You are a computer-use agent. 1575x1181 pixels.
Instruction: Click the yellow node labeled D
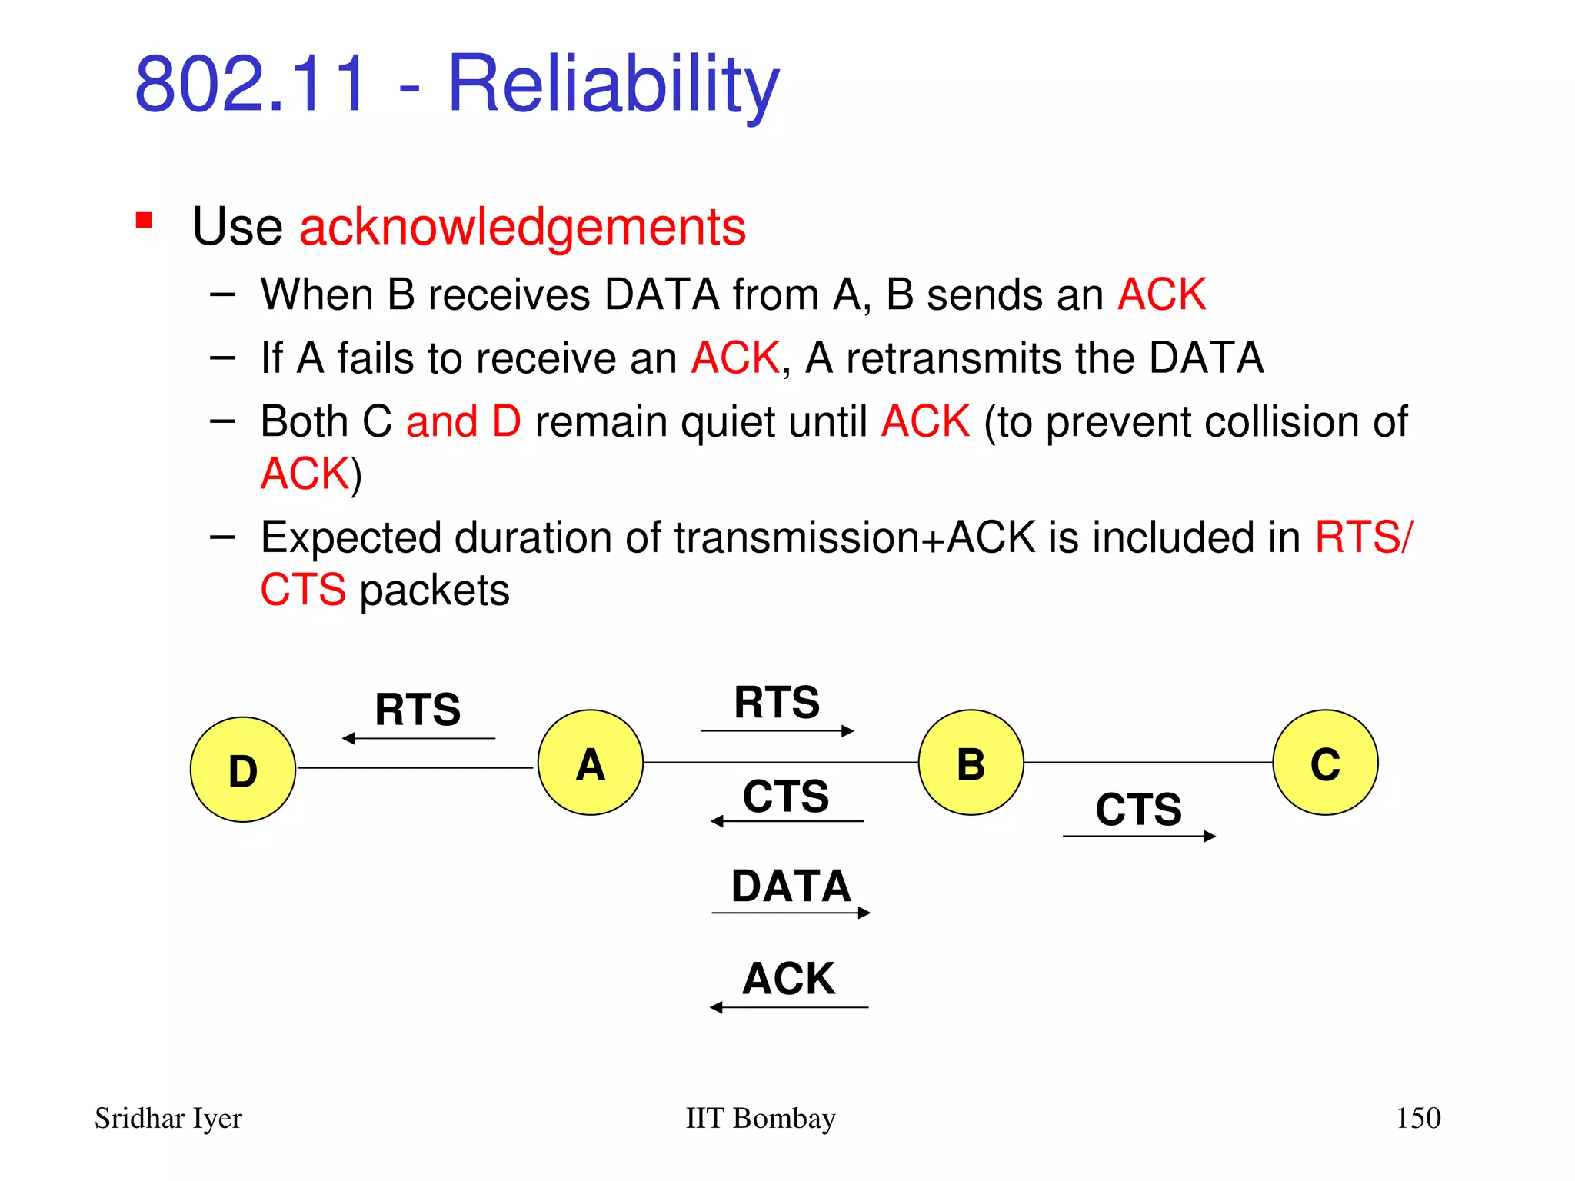pyautogui.click(x=243, y=770)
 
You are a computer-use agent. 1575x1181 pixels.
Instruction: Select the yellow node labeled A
pyautogui.click(x=590, y=762)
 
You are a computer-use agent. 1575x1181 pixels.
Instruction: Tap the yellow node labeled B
pyautogui.click(x=971, y=762)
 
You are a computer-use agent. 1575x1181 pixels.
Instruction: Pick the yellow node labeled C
pyautogui.click(x=1325, y=762)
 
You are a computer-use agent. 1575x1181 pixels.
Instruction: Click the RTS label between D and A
pyautogui.click(x=418, y=709)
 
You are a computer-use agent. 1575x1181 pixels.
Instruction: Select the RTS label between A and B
pyautogui.click(x=777, y=702)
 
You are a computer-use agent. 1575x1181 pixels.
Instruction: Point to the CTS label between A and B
pyautogui.click(x=786, y=796)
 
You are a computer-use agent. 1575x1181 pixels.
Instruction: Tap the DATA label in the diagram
pyautogui.click(x=791, y=886)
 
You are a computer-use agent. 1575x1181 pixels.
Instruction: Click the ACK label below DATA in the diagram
pyautogui.click(x=788, y=979)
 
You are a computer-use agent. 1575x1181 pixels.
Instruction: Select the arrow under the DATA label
pyautogui.click(x=791, y=913)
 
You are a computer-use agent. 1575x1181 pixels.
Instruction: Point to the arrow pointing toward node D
pyautogui.click(x=419, y=738)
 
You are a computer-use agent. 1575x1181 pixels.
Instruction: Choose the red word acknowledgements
pyautogui.click(x=522, y=227)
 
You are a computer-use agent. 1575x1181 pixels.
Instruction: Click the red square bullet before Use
pyautogui.click(x=144, y=221)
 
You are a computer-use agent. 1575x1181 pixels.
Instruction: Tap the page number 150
pyautogui.click(x=1418, y=1117)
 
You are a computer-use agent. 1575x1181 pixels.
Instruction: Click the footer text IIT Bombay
pyautogui.click(x=760, y=1118)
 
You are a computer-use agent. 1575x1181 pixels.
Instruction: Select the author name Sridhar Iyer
pyautogui.click(x=168, y=1118)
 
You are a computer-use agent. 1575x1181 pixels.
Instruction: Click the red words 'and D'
pyautogui.click(x=463, y=421)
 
